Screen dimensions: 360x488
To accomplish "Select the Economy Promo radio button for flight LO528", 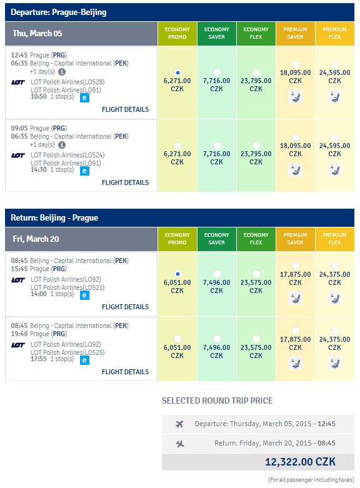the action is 177,73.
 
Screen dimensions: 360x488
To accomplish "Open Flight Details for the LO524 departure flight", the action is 125,182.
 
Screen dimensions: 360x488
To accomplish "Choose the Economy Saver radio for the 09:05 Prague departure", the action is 217,146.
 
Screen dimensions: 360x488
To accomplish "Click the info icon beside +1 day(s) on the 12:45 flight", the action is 62,72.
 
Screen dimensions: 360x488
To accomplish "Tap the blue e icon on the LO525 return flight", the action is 84,360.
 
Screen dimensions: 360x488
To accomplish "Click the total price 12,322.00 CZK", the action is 300,462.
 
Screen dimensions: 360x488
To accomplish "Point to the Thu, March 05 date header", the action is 37,33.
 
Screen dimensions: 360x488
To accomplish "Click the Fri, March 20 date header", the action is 36,239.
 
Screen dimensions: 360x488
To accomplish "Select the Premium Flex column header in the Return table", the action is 335,239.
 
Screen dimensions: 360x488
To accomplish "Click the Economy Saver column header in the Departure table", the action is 217,33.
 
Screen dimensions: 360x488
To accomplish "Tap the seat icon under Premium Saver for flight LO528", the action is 295,97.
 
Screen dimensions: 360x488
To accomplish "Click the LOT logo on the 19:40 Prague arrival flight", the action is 17,345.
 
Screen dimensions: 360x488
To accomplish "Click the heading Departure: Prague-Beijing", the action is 59,12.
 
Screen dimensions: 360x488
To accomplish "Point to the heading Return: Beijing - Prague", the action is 54,217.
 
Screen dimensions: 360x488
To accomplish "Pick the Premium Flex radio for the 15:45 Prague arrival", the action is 335,266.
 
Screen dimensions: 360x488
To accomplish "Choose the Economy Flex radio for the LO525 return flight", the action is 256,339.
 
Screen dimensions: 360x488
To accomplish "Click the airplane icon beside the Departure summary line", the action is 179,424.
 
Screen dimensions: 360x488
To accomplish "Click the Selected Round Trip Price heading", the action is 217,401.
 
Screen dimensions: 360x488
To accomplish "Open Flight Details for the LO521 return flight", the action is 125,307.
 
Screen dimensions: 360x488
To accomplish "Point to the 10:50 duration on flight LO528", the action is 39,96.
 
